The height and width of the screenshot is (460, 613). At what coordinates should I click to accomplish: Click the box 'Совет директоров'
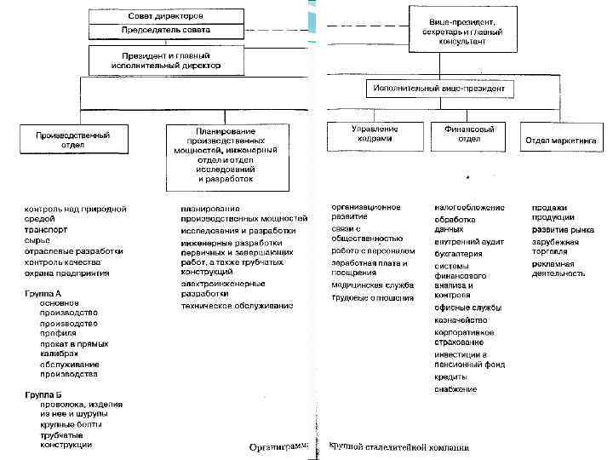pyautogui.click(x=165, y=16)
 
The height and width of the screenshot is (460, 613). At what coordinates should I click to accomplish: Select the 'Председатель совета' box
pyautogui.click(x=165, y=30)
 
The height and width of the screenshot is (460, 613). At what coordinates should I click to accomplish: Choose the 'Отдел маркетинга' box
pyautogui.click(x=562, y=139)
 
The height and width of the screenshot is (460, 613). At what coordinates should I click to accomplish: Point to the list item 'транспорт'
pyautogui.click(x=47, y=230)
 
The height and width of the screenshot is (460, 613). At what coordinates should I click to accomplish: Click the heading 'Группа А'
pyautogui.click(x=43, y=293)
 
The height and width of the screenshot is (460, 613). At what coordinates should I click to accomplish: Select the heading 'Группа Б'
pyautogui.click(x=43, y=394)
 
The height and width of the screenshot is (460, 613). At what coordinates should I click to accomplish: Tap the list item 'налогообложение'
pyautogui.click(x=469, y=207)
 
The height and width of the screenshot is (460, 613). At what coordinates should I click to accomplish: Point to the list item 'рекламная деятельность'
pyautogui.click(x=559, y=269)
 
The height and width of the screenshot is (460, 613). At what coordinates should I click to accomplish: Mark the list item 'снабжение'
pyautogui.click(x=455, y=388)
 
